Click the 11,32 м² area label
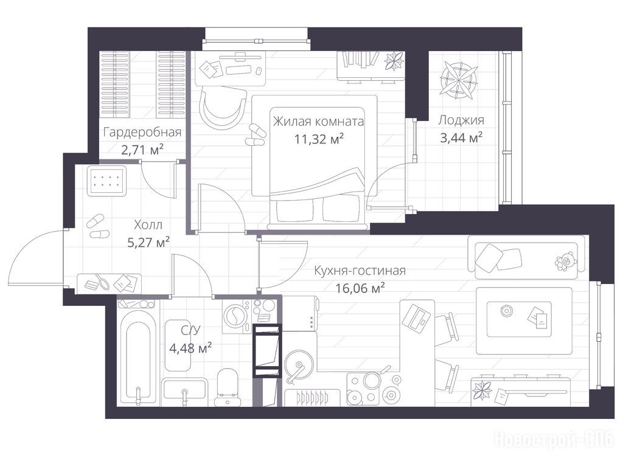pyautogui.click(x=319, y=139)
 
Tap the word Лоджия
pyautogui.click(x=461, y=120)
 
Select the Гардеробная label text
pyautogui.click(x=142, y=132)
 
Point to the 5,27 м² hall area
pyautogui.click(x=148, y=242)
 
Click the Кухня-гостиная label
pyautogui.click(x=360, y=271)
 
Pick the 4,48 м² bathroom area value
pyautogui.click(x=190, y=348)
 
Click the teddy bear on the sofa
pyautogui.click(x=566, y=261)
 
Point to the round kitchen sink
pyautogui.click(x=296, y=361)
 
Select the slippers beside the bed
pyautogui.click(x=256, y=136)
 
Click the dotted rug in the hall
pyautogui.click(x=107, y=180)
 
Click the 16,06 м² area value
pyautogui.click(x=360, y=288)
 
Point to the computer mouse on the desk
pyautogui.click(x=258, y=71)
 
